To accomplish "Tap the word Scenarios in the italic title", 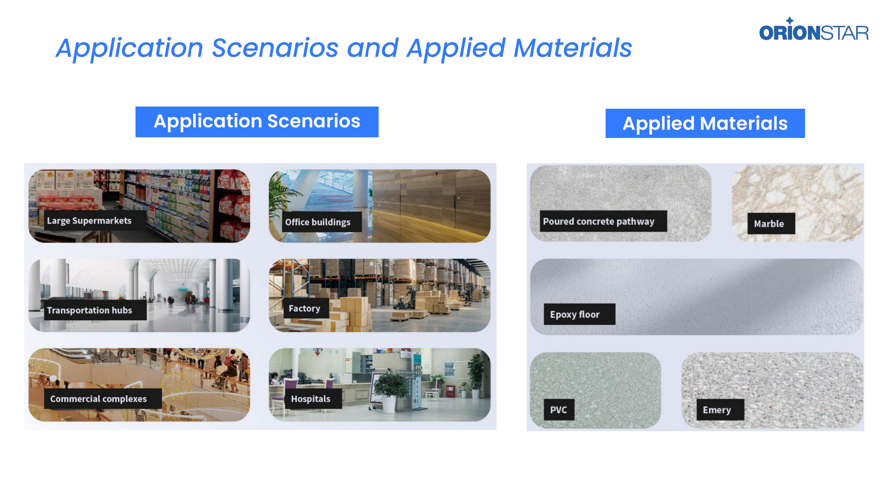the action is pos(275,48).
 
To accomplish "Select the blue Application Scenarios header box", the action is pos(257,122).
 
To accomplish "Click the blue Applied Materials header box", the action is pos(705,123).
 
